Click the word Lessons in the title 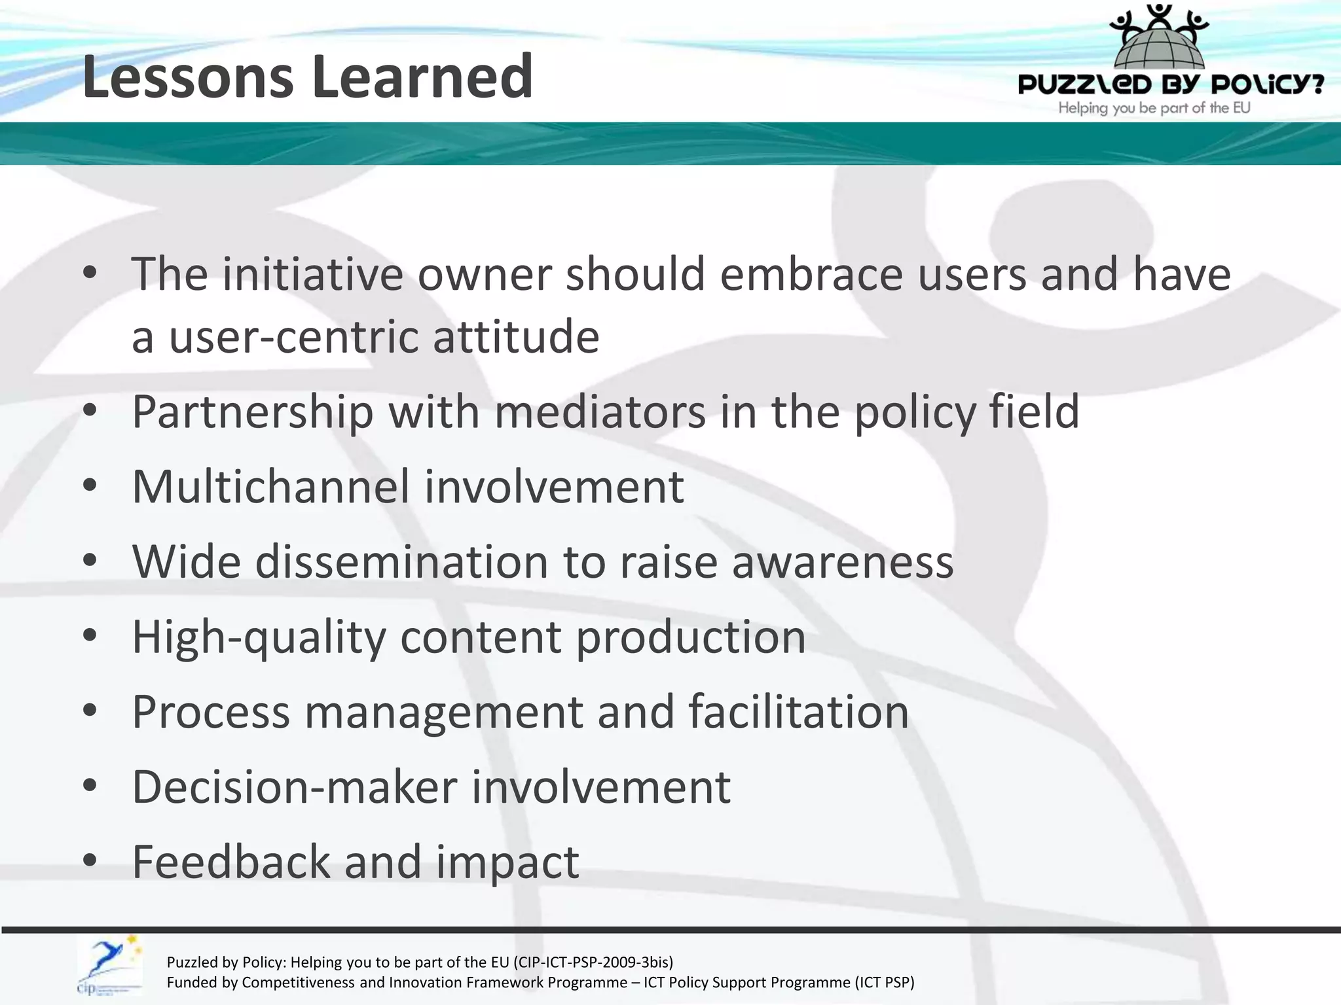(187, 77)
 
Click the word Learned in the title (422, 77)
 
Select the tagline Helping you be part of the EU (1154, 108)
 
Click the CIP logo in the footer (109, 966)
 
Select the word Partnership (253, 412)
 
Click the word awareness (842, 562)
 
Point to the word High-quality (259, 637)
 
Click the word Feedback (231, 862)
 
